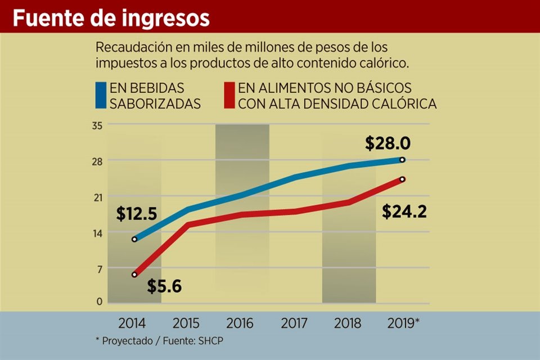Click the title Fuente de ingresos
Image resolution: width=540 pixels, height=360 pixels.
[x=111, y=18]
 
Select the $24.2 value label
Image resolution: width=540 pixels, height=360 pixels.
[x=404, y=212]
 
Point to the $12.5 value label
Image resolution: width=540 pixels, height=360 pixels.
[x=136, y=214]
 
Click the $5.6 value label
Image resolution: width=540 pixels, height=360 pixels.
[x=164, y=286]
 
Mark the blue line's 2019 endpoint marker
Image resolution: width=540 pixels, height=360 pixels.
[x=402, y=160]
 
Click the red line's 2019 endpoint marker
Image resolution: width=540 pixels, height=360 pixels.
[x=402, y=179]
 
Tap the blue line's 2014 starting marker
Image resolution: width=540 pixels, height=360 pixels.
[x=134, y=239]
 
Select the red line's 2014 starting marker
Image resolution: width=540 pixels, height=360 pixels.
[x=134, y=274]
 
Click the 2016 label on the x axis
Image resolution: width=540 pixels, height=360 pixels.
[x=240, y=323]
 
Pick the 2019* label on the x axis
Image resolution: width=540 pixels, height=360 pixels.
[x=404, y=323]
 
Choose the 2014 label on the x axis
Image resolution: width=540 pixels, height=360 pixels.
[x=132, y=323]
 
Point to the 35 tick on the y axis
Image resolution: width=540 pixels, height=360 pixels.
[x=97, y=125]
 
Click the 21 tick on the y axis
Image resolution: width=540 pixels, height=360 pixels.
[x=97, y=197]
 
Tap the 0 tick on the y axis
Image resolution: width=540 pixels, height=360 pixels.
[x=99, y=301]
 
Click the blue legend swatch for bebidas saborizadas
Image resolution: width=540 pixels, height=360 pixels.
[x=101, y=96]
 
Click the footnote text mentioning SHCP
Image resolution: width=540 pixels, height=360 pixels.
[x=163, y=341]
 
